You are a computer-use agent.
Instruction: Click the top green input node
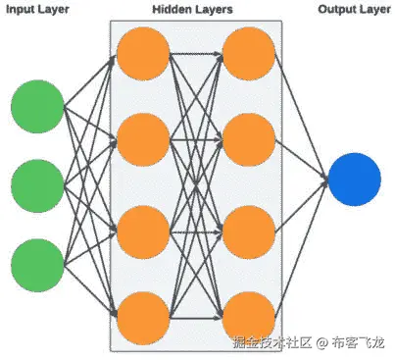coord(37,107)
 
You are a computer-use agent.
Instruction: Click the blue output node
coord(354,180)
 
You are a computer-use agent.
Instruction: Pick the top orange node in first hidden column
coord(142,55)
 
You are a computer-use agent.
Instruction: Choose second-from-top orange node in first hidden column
coord(142,138)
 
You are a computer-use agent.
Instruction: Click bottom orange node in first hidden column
coord(142,315)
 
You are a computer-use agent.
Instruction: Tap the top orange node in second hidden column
coord(248,55)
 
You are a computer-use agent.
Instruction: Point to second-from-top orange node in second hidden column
coord(248,138)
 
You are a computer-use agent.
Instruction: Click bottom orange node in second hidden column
coord(248,315)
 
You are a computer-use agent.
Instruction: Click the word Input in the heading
coord(24,11)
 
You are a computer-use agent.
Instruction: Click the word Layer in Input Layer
coord(59,11)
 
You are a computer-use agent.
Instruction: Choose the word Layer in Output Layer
coord(371,11)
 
